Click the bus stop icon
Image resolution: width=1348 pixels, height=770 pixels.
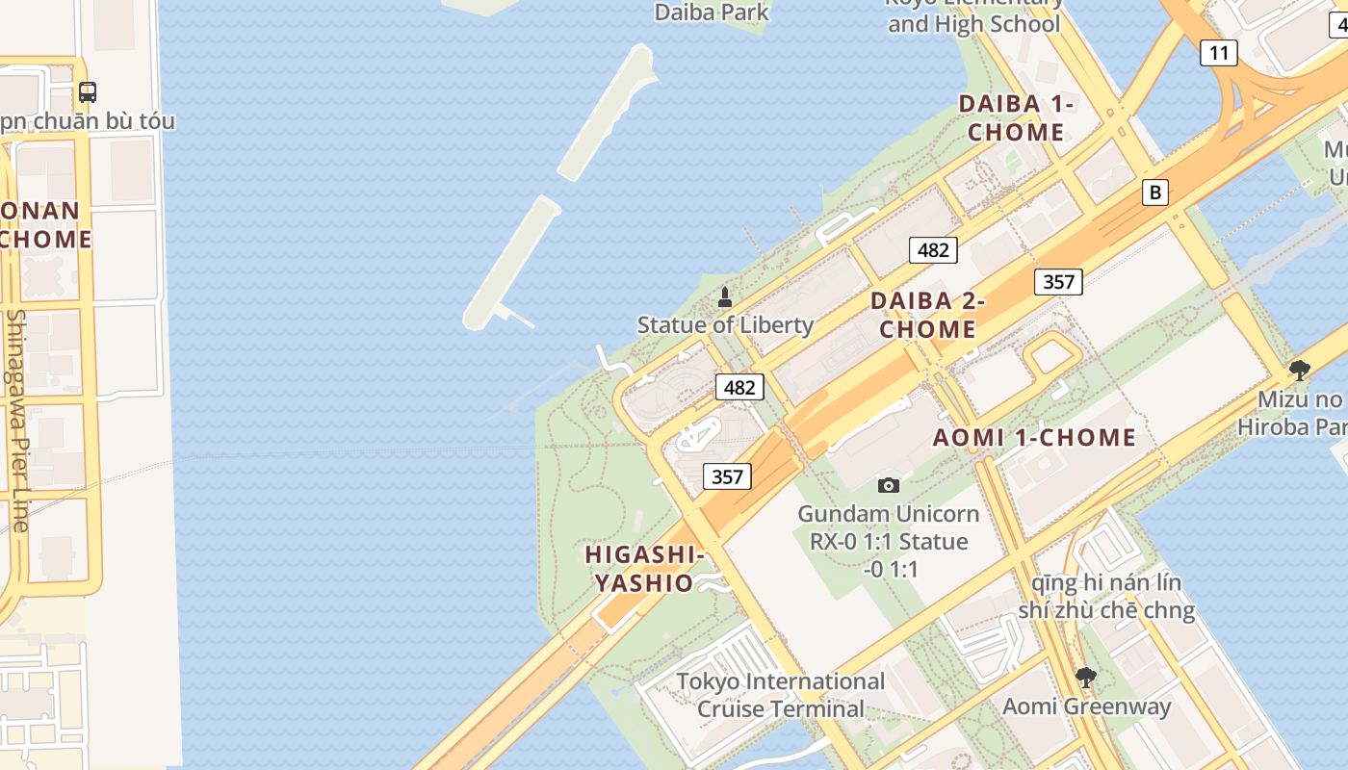point(88,92)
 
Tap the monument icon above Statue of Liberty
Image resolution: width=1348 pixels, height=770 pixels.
point(725,297)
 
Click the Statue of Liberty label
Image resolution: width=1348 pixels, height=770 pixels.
point(725,325)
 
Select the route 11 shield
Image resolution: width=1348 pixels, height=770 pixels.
point(1218,53)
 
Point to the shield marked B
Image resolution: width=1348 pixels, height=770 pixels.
point(1154,192)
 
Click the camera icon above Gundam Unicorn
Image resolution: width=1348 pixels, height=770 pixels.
point(888,485)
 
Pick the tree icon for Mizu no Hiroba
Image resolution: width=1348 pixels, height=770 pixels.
point(1299,371)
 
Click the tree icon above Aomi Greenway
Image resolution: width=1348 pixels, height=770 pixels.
point(1085,678)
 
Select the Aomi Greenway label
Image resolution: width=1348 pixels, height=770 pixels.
point(1086,706)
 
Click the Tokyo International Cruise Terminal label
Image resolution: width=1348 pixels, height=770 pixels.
point(780,695)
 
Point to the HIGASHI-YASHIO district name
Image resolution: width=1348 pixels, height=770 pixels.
point(644,569)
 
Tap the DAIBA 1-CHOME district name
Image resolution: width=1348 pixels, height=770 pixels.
point(1016,118)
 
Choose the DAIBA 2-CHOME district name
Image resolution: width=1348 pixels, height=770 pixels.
point(927,315)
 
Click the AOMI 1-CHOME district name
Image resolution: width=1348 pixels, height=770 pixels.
point(1034,438)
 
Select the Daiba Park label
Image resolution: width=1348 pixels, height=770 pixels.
point(712,13)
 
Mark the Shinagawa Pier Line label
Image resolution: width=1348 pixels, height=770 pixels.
point(16,420)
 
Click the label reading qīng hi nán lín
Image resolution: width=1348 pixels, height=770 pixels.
point(1106,583)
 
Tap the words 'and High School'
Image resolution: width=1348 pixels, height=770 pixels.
point(973,24)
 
